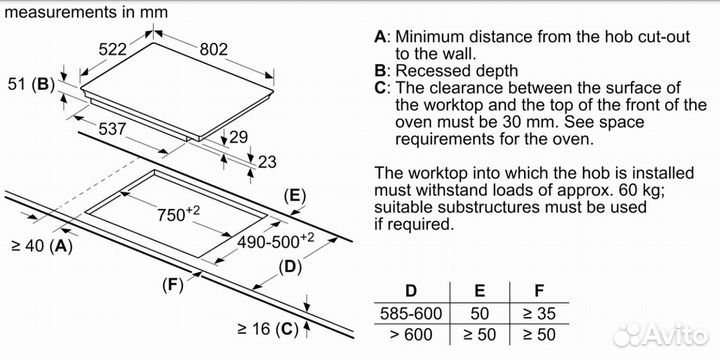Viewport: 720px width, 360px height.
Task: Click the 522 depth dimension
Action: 112,49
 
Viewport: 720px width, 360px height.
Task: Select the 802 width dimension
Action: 214,49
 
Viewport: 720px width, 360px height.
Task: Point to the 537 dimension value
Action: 112,129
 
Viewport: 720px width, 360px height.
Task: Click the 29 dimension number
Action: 238,137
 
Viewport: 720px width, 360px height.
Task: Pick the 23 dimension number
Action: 267,162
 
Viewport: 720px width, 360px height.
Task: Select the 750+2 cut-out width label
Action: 179,214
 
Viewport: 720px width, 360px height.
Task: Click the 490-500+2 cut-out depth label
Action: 276,241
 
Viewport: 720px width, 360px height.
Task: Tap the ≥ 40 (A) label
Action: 42,247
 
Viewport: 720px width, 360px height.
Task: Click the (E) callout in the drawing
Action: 295,197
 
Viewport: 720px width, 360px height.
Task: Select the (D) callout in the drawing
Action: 290,267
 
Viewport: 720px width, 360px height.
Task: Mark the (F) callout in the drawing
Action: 173,286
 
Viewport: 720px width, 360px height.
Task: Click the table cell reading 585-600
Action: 411,313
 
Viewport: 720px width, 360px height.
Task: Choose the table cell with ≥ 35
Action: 539,313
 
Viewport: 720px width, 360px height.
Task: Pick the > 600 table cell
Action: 411,334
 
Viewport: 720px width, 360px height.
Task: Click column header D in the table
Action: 411,291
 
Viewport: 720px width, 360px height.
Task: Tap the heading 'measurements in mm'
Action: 86,12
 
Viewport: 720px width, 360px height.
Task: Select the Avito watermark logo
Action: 661,334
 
